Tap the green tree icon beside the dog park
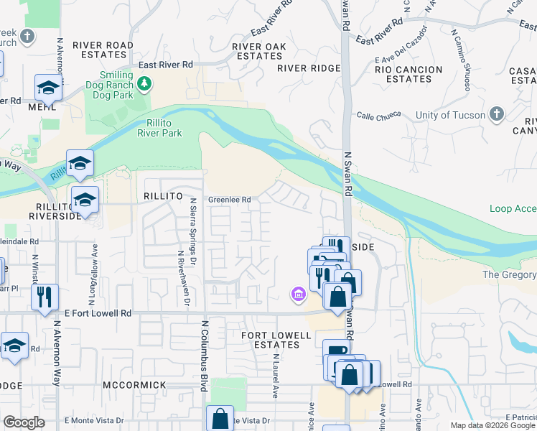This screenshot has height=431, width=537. (144, 84)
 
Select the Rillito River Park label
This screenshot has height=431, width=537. (159, 127)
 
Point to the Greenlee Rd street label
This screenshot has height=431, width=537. (230, 200)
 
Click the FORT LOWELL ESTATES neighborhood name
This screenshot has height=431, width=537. (276, 340)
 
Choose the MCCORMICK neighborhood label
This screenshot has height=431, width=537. (135, 386)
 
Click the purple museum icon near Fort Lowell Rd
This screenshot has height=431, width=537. (297, 293)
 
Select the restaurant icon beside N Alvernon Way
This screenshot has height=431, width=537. (45, 297)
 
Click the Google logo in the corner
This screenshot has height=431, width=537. (24, 422)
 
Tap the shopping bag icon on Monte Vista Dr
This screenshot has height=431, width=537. (220, 418)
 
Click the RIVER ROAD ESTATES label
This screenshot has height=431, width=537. (107, 50)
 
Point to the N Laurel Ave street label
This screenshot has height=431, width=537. (275, 378)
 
